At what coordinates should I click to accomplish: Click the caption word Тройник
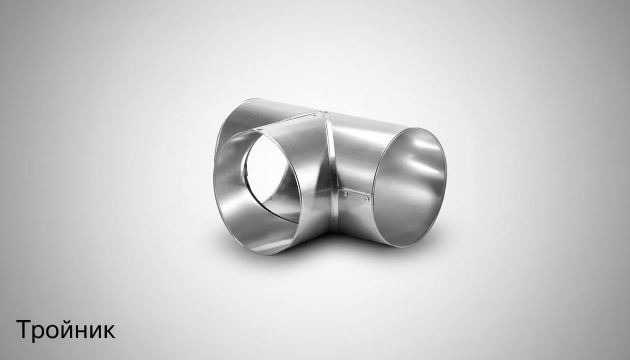click(x=65, y=330)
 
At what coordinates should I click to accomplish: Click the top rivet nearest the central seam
click(x=314, y=115)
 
